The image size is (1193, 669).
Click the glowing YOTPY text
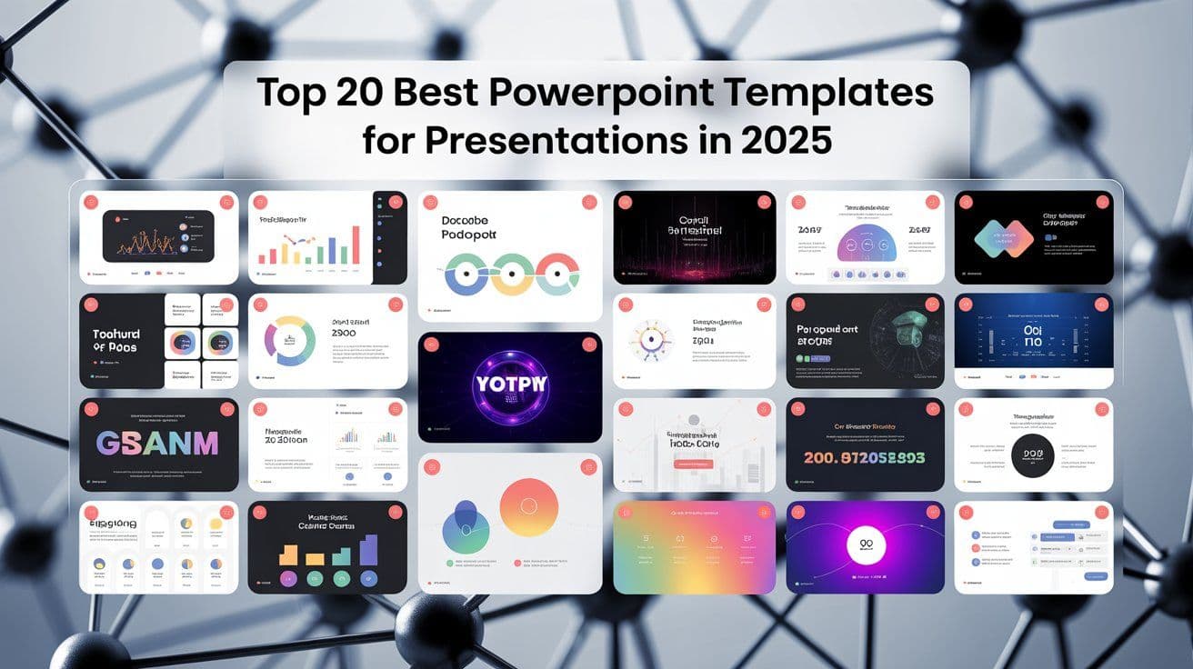pos(509,384)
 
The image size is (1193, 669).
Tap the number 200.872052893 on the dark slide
pos(865,458)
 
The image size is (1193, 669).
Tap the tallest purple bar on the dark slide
pos(368,550)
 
